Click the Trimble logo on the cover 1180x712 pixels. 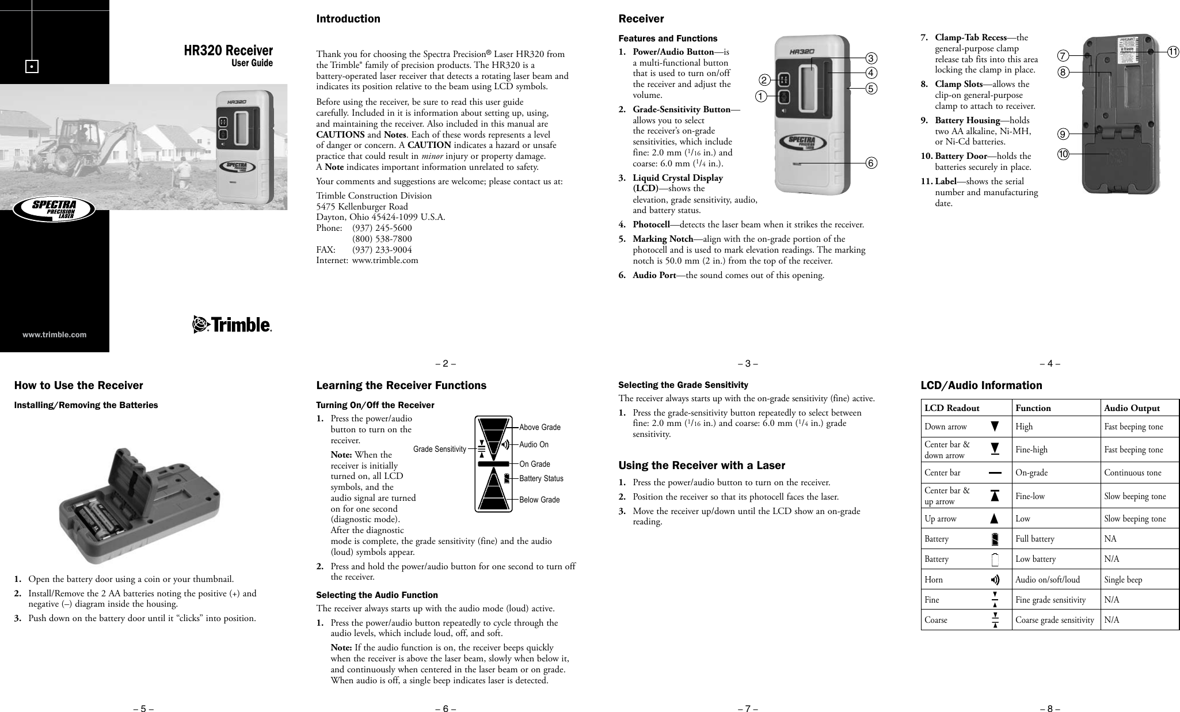click(232, 325)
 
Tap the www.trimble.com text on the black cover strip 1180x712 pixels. click(55, 334)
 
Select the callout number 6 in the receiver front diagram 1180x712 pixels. click(871, 163)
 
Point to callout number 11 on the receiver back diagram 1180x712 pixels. click(1173, 52)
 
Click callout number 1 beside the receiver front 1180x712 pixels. click(763, 97)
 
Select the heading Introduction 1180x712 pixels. click(348, 19)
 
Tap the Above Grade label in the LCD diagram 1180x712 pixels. click(539, 427)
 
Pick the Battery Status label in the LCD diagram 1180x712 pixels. click(541, 478)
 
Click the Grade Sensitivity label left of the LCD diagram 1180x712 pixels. click(440, 449)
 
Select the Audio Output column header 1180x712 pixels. click(1132, 408)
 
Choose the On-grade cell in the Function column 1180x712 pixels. click(1031, 473)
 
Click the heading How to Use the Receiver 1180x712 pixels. click(78, 386)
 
